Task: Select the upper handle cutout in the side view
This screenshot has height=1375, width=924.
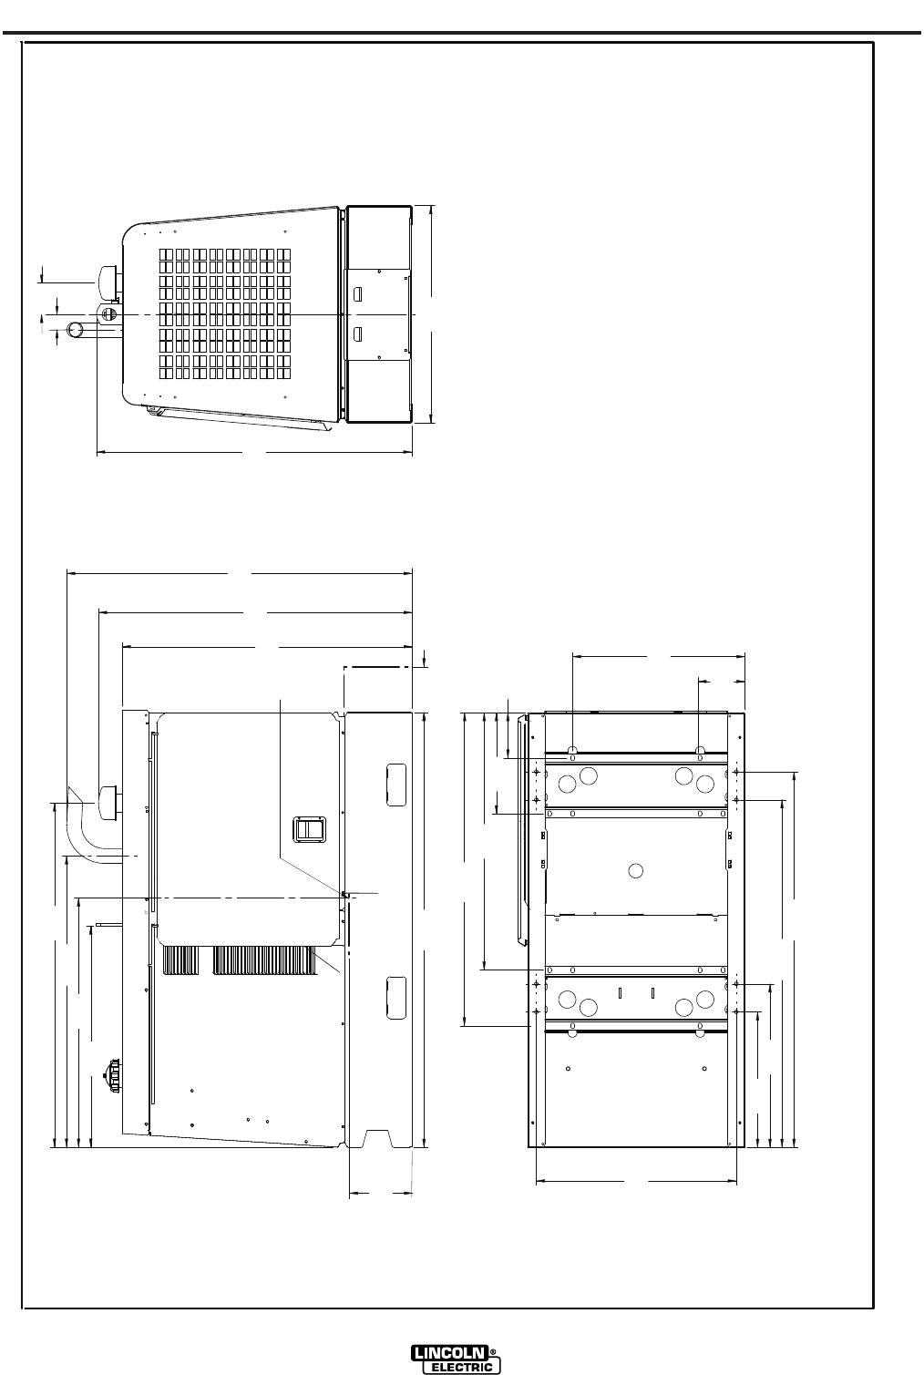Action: [396, 785]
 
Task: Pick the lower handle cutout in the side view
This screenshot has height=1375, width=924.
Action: [396, 998]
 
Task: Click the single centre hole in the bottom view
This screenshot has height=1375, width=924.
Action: [636, 870]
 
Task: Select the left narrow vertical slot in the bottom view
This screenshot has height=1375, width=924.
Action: [620, 992]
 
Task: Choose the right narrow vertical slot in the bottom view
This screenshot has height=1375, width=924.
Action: [652, 992]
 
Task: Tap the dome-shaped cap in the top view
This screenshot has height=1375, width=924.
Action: [108, 283]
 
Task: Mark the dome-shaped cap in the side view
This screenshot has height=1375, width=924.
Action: [108, 803]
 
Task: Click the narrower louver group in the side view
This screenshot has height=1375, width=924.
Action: [181, 960]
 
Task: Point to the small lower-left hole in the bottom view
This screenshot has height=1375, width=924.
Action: [568, 1069]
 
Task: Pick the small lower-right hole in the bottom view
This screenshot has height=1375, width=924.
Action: [704, 1069]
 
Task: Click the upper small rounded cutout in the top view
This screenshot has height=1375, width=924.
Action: [358, 294]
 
